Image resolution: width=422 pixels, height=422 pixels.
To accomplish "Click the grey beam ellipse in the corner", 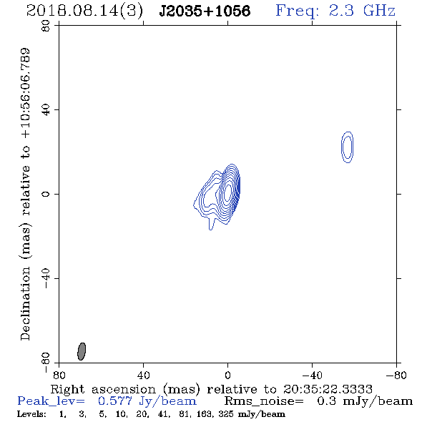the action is point(82,351).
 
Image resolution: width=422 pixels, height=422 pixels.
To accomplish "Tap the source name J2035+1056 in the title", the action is point(205,11).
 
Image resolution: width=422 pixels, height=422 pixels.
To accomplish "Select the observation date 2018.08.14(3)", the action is point(84,11).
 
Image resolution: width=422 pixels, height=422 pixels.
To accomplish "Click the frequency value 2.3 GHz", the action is point(362,11).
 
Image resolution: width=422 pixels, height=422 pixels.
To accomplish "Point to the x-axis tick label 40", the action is point(143,375).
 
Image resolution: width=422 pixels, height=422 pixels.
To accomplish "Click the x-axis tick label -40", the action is point(312,375).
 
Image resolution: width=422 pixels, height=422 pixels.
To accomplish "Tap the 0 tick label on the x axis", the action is point(227,375).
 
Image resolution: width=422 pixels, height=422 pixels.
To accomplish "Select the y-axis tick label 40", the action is point(46,110).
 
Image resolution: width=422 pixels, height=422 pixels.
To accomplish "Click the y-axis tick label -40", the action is point(46,278).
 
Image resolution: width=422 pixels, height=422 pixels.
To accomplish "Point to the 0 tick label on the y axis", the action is point(46,194).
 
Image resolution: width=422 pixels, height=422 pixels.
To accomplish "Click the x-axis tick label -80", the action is point(396,375).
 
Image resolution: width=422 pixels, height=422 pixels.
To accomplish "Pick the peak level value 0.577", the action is point(115,401).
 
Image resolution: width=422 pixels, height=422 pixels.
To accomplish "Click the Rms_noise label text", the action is point(264,401).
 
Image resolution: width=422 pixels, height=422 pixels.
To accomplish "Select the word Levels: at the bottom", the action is point(31,414).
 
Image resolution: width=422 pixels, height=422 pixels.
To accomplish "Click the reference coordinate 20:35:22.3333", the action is point(328,389).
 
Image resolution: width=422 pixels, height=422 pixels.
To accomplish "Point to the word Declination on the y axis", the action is point(25,303).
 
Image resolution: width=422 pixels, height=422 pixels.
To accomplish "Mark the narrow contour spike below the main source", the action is point(211,223).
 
